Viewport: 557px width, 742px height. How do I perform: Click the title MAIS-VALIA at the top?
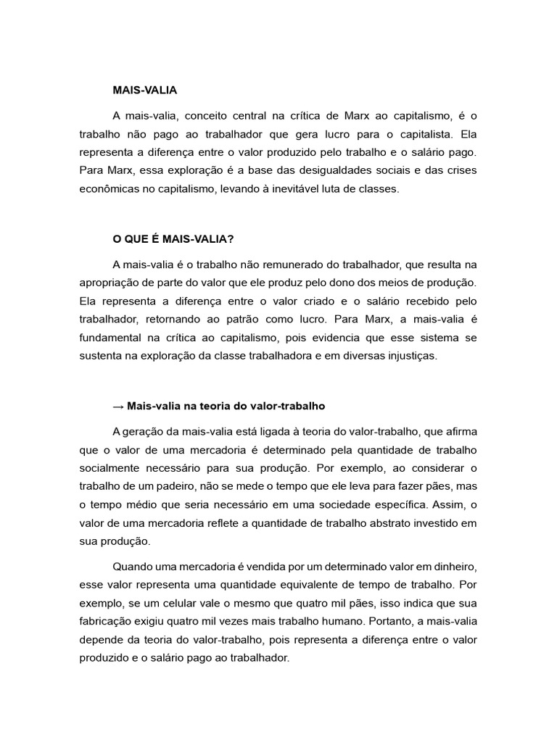(x=145, y=91)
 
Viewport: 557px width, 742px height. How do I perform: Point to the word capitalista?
(x=427, y=134)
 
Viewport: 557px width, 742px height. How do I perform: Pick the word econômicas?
(x=110, y=190)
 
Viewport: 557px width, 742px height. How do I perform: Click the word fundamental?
(x=111, y=338)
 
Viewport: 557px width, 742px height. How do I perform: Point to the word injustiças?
(x=410, y=357)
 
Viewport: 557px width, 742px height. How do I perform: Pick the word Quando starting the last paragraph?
(x=133, y=566)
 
